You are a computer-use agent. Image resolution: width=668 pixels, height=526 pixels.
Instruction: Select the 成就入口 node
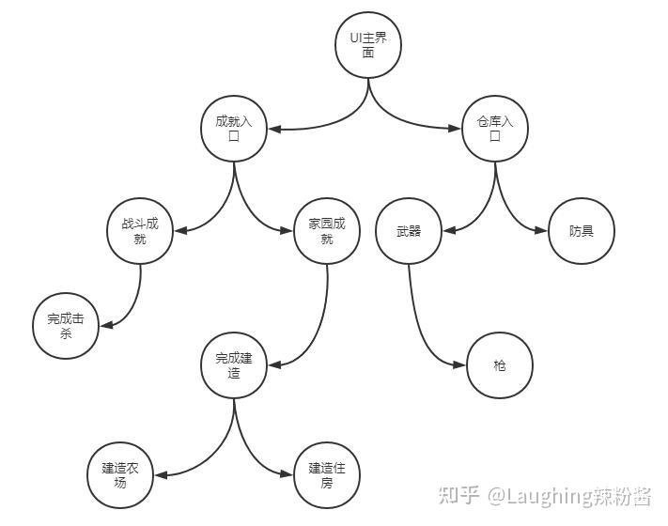pyautogui.click(x=234, y=129)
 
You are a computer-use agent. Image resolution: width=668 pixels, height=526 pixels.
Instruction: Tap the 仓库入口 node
pyautogui.click(x=494, y=129)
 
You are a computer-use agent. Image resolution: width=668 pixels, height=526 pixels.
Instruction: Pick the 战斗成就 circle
pyautogui.click(x=140, y=231)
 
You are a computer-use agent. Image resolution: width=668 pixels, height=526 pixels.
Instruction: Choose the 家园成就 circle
pyautogui.click(x=327, y=231)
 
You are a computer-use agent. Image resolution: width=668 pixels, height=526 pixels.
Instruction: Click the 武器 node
pyautogui.click(x=408, y=231)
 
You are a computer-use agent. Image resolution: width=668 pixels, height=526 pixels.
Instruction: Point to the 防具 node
pyautogui.click(x=582, y=231)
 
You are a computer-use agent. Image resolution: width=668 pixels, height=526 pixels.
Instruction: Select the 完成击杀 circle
pyautogui.click(x=66, y=326)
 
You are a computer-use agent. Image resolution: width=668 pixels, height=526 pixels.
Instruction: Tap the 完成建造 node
pyautogui.click(x=234, y=365)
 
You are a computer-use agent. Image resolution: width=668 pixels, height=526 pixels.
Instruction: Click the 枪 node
pyautogui.click(x=499, y=365)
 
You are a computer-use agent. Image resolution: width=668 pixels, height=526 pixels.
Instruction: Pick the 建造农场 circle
pyautogui.click(x=120, y=475)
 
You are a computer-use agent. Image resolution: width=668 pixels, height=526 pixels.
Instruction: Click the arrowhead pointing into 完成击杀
pyautogui.click(x=106, y=325)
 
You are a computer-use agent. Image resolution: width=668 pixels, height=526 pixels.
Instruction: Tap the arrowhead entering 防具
pyautogui.click(x=541, y=231)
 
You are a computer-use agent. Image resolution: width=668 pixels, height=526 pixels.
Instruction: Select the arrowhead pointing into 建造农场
pyautogui.click(x=161, y=475)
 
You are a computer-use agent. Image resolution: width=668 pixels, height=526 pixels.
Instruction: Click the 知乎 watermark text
pyautogui.click(x=462, y=495)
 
